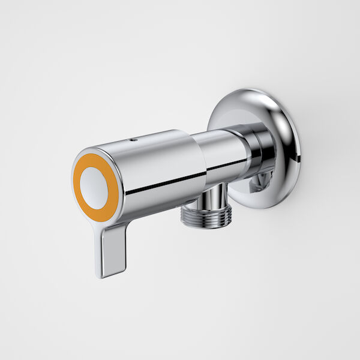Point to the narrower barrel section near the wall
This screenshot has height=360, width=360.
click(x=222, y=153)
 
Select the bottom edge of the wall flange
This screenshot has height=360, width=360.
click(x=264, y=208)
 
